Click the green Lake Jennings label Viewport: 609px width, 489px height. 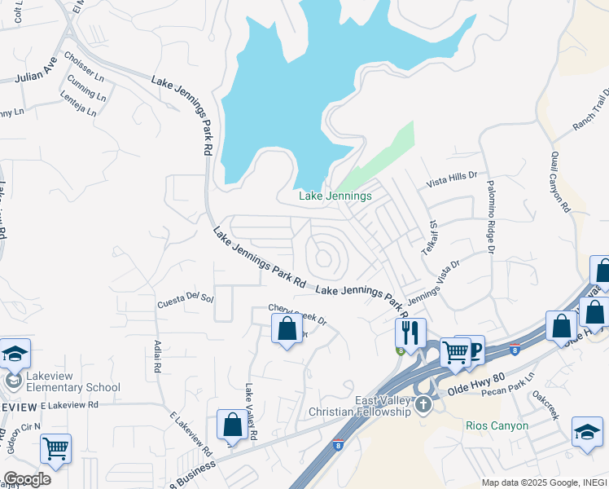pyautogui.click(x=335, y=196)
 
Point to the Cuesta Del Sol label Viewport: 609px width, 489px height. pyautogui.click(x=185, y=301)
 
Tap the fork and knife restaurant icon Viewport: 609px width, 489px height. pyautogui.click(x=410, y=332)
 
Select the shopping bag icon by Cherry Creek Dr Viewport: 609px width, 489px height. pyautogui.click(x=287, y=329)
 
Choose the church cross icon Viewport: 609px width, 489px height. pyautogui.click(x=423, y=404)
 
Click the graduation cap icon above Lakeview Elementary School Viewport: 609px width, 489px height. pyautogui.click(x=15, y=353)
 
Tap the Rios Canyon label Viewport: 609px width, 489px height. pyautogui.click(x=497, y=425)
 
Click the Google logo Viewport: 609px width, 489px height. pyautogui.click(x=27, y=478)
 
